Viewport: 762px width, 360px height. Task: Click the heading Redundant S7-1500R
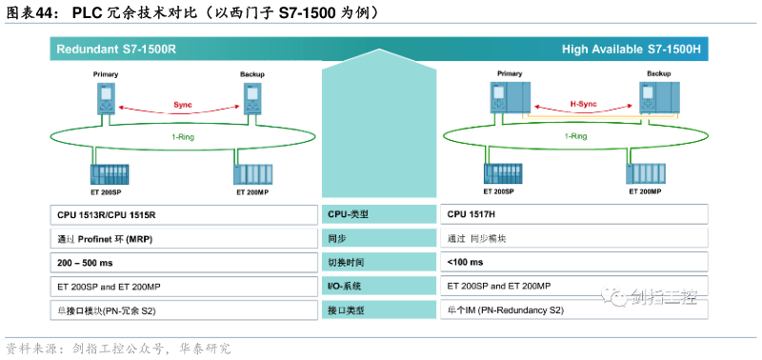(116, 49)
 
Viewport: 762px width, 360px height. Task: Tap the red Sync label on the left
(183, 104)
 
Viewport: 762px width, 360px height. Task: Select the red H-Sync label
(583, 104)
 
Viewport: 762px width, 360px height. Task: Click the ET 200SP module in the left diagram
(106, 174)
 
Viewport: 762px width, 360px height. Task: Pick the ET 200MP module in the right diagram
(645, 174)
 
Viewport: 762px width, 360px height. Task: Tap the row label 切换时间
(346, 262)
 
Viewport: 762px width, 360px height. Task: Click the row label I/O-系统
(346, 286)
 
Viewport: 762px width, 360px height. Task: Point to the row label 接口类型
(346, 310)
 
